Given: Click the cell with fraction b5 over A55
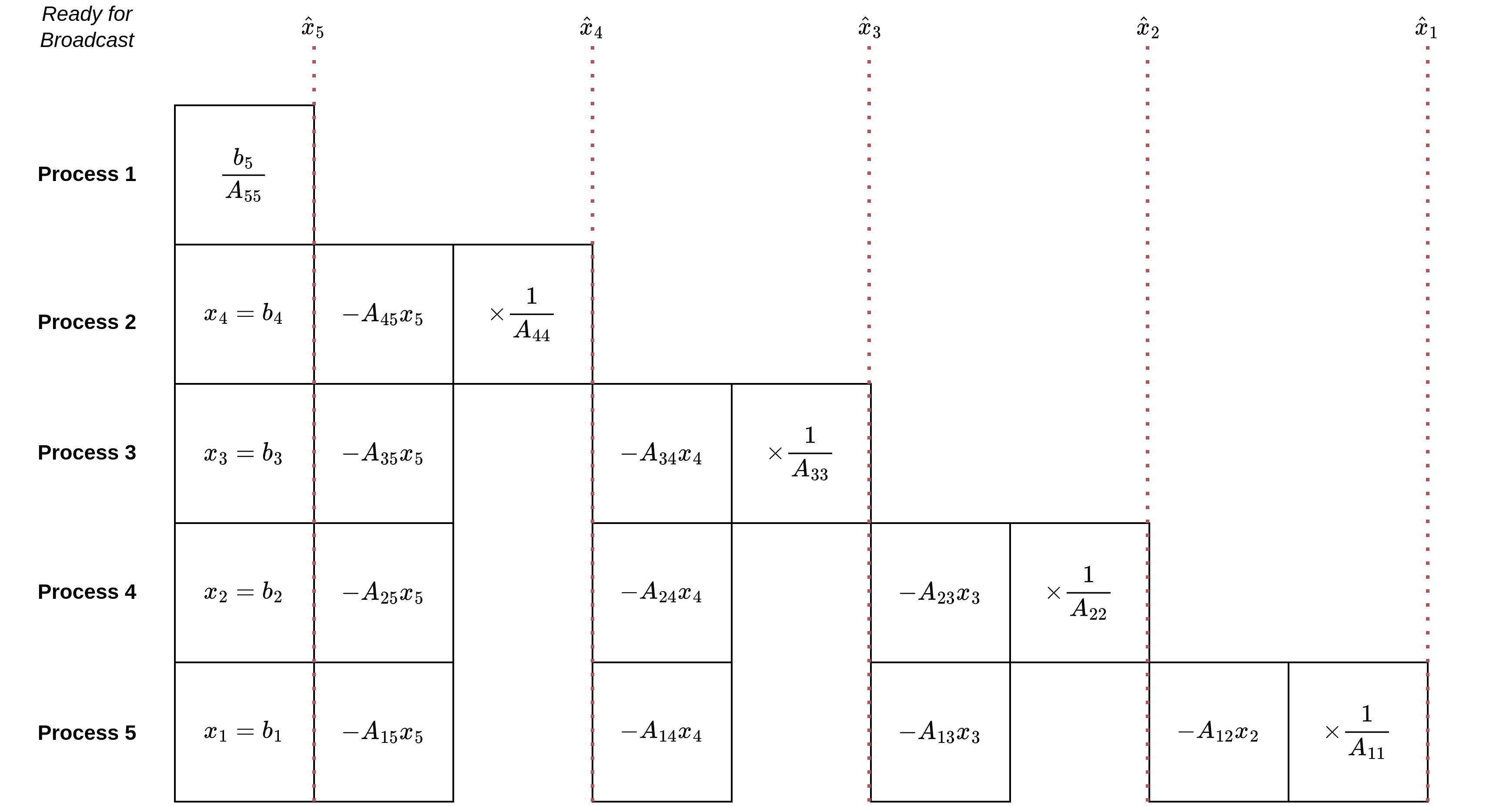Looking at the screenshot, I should coord(244,175).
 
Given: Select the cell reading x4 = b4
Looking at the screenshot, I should coord(244,314).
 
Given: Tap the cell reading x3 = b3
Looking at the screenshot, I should coord(244,453).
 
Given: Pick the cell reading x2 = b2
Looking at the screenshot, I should coord(244,593).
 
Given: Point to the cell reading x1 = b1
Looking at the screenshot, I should coord(244,732).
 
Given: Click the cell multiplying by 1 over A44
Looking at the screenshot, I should coord(522,314).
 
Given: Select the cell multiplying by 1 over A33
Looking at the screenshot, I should coord(800,453).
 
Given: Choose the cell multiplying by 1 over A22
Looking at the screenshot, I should coord(1078,593).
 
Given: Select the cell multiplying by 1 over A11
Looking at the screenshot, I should coord(1357,732).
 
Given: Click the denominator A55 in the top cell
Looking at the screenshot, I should coord(244,191).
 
